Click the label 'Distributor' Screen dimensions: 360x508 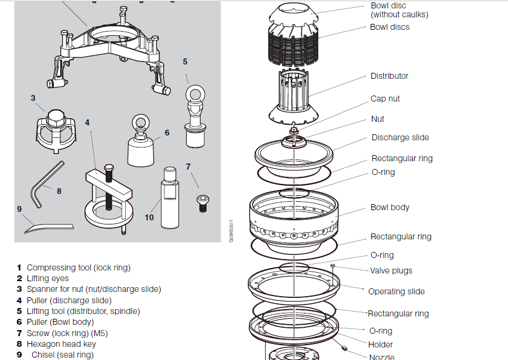[x=389, y=76]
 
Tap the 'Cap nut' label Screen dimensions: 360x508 [x=385, y=99]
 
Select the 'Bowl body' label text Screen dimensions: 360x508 [x=390, y=207]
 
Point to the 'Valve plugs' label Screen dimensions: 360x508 [x=391, y=270]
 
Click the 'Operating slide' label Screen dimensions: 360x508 [x=396, y=291]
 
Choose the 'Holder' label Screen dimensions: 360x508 [x=380, y=344]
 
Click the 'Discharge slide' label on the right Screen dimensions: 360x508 [x=400, y=137]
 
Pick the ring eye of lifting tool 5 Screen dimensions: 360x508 [x=195, y=94]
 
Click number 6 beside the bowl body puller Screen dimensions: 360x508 [x=167, y=133]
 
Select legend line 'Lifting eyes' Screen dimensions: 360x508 [x=47, y=278]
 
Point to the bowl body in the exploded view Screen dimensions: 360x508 [x=293, y=218]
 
